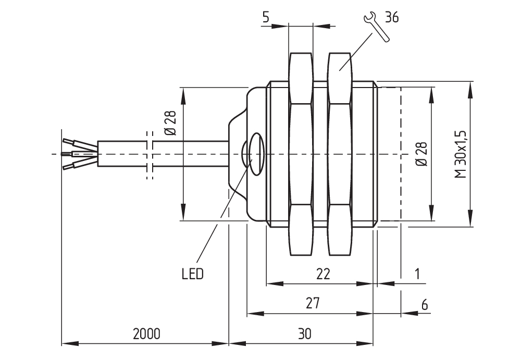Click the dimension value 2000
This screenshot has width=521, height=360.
(x=146, y=334)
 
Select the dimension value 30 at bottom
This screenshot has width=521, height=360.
(x=305, y=334)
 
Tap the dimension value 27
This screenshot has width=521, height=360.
(x=313, y=303)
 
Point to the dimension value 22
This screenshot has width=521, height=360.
(x=324, y=274)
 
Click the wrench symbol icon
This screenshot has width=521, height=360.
(x=375, y=28)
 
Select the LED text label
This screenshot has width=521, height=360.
(x=192, y=274)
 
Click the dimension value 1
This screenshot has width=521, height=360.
(x=417, y=274)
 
